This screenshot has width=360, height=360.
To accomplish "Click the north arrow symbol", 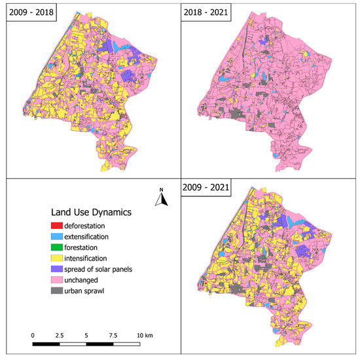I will tap(159, 197).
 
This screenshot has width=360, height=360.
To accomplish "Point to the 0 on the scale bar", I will tap(33, 334).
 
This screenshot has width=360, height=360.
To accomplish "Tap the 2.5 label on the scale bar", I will tap(60, 334).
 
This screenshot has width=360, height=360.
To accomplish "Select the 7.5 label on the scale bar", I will tap(113, 334).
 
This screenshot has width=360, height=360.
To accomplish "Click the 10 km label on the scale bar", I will tap(144, 334).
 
